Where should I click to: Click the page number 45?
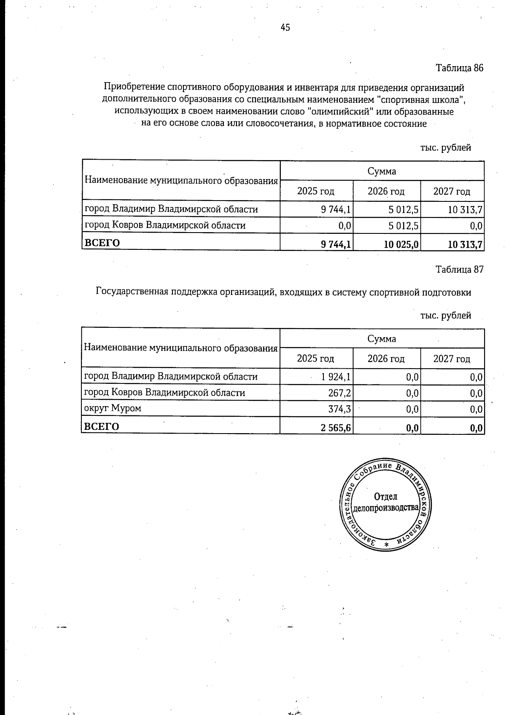(x=285, y=28)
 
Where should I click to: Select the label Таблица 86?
(x=459, y=68)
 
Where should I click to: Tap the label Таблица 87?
(x=459, y=270)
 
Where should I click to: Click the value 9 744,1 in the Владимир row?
(x=336, y=209)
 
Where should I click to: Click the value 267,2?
(x=340, y=393)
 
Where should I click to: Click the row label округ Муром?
(x=113, y=408)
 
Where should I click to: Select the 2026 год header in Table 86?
(x=386, y=192)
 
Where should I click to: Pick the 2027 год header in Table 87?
(x=452, y=359)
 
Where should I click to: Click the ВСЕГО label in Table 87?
(x=102, y=427)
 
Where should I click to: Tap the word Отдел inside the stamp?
(x=385, y=497)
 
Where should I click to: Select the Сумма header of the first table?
(x=382, y=171)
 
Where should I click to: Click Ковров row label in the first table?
(x=165, y=225)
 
